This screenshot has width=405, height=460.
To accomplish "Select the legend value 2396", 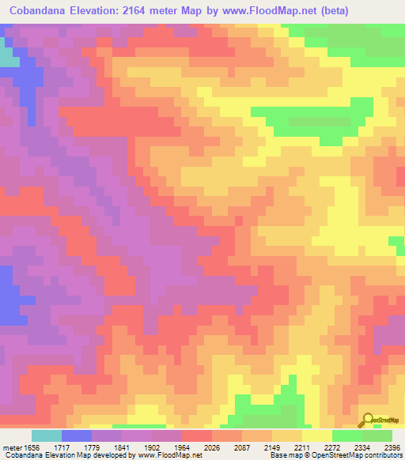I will [x=393, y=447].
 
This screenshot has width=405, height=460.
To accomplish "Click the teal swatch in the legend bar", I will [x=47, y=435].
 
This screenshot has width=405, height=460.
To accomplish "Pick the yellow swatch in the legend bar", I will [x=317, y=435].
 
